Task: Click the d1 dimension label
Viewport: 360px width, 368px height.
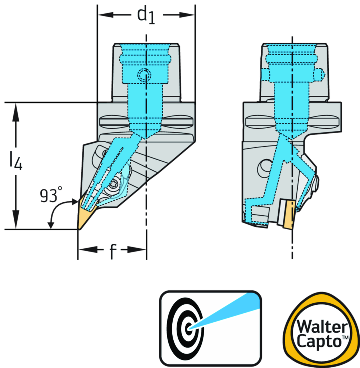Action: [147, 15]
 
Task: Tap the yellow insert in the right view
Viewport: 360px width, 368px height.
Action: [289, 214]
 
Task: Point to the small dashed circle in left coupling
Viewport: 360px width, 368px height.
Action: [145, 75]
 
